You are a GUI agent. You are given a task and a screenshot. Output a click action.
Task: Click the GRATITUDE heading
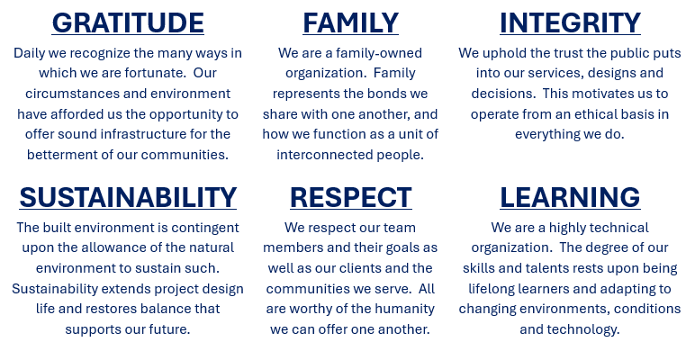(128, 22)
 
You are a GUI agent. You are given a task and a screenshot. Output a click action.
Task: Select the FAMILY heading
(350, 22)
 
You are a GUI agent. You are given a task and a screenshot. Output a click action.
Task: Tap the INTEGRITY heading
(570, 22)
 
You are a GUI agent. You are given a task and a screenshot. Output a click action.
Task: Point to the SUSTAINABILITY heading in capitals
(128, 197)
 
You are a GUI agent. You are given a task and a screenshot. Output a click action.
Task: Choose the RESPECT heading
(350, 197)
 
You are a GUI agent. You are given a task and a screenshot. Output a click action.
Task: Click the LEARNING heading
(570, 197)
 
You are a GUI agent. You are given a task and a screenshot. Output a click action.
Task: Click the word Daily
(29, 54)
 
